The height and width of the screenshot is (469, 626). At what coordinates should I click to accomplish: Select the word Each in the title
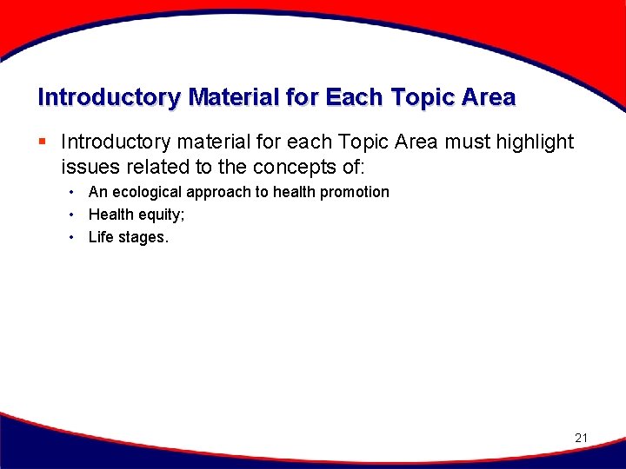pyautogui.click(x=355, y=97)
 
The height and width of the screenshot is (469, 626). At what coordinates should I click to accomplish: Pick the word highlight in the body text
pyautogui.click(x=530, y=142)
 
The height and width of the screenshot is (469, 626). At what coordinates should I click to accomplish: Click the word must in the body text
pyautogui.click(x=463, y=142)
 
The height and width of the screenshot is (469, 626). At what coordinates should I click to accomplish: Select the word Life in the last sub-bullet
pyautogui.click(x=102, y=237)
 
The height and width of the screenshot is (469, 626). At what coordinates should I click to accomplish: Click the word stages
pyautogui.click(x=143, y=237)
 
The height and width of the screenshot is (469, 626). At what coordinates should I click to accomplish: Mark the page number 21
pyautogui.click(x=582, y=438)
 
